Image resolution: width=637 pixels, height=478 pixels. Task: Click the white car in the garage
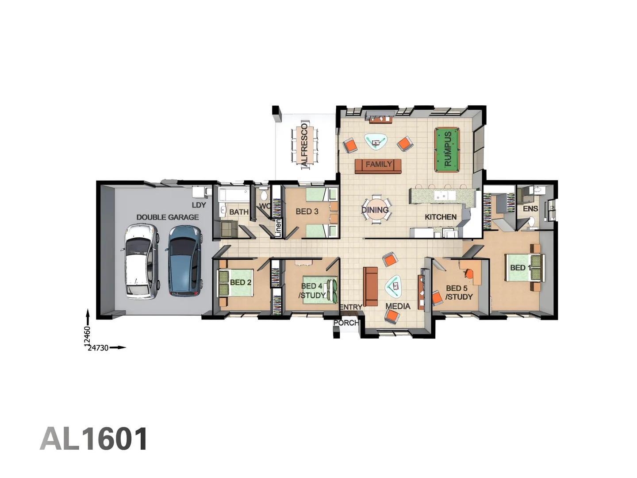141,261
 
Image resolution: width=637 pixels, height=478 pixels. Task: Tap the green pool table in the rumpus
447,150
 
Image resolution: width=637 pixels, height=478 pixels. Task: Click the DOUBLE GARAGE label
167,217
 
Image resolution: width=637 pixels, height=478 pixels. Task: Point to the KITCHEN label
441,217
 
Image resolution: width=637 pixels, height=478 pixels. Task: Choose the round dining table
376,209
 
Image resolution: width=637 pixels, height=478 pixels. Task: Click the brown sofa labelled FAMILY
378,165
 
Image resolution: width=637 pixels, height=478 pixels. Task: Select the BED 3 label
307,212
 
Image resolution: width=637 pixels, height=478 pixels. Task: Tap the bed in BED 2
235,283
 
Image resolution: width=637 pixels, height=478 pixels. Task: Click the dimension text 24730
98,348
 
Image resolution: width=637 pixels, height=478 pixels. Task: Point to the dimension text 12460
87,335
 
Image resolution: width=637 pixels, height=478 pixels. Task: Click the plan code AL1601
94,439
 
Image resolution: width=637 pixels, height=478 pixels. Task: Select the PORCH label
346,323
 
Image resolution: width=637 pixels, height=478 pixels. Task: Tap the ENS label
530,208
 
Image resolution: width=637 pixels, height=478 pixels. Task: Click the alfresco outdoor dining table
304,145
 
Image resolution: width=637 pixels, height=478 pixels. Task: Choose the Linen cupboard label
278,228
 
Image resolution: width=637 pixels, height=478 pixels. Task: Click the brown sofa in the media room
370,286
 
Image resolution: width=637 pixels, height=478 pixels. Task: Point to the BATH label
239,212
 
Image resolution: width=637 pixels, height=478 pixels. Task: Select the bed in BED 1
523,267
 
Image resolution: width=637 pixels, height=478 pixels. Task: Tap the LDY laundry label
199,205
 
